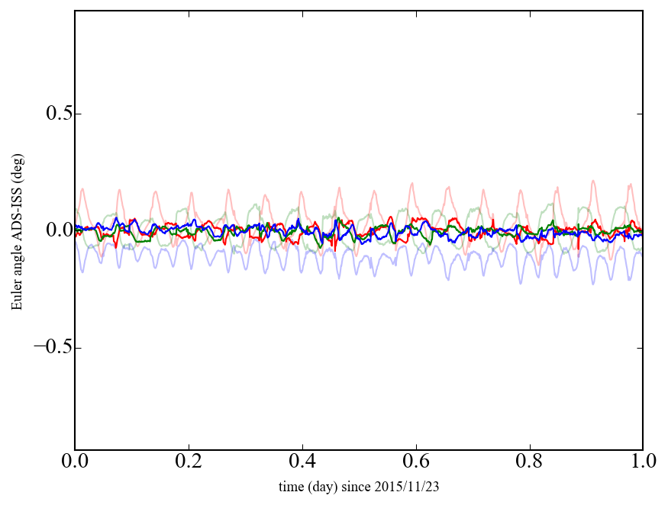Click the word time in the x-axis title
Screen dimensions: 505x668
click(x=290, y=486)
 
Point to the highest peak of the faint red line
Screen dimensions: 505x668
click(x=593, y=181)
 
